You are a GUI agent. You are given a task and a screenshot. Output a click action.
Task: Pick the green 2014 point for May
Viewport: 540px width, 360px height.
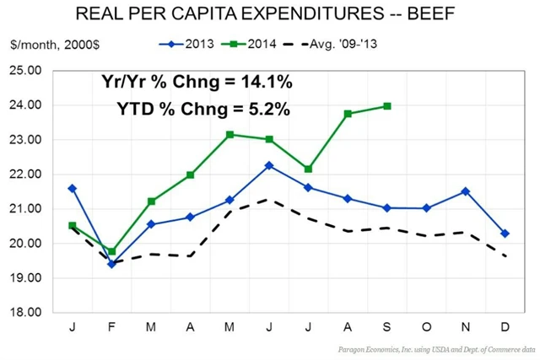[230, 135]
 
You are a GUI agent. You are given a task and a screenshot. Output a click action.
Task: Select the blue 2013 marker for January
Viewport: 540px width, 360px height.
[73, 188]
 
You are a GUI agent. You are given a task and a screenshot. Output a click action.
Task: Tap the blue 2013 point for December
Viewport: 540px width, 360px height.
[505, 234]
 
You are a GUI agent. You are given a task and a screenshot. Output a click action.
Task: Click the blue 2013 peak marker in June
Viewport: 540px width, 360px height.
[269, 165]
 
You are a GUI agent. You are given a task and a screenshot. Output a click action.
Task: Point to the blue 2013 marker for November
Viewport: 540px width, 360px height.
[466, 191]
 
